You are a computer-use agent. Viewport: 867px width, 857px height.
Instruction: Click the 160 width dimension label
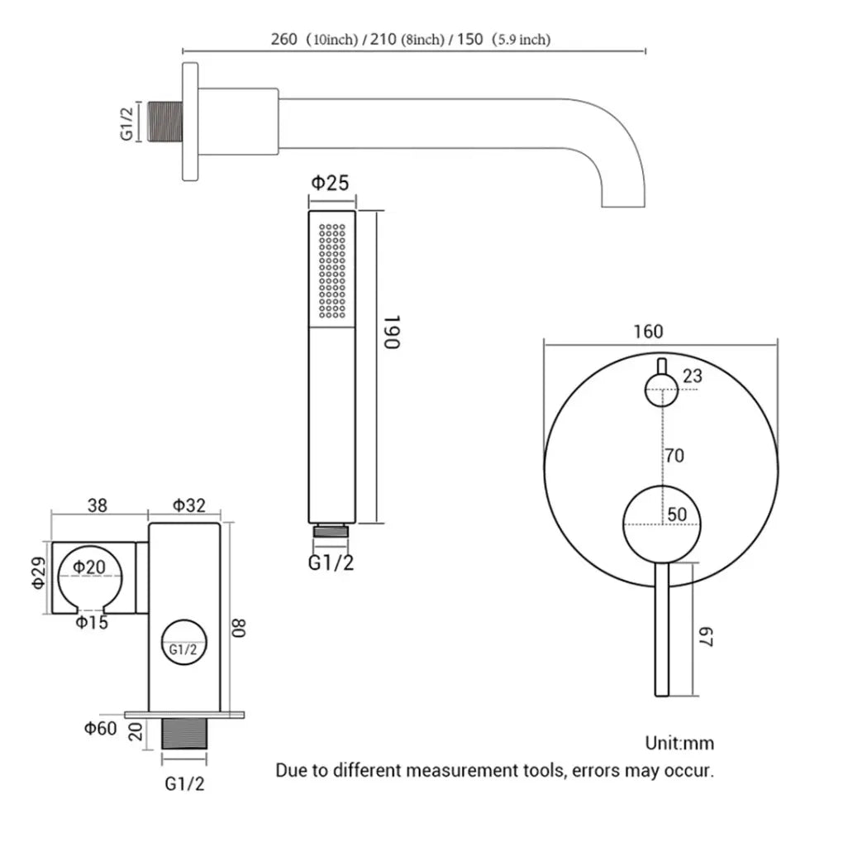(x=648, y=331)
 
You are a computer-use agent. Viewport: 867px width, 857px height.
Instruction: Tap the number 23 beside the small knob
(x=693, y=376)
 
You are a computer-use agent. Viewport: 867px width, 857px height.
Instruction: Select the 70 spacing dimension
(x=674, y=455)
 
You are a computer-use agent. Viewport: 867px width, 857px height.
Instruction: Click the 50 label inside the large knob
(x=677, y=514)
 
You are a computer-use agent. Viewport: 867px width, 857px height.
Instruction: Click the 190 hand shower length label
(x=393, y=332)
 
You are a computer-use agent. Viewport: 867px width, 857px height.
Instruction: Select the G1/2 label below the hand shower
(x=331, y=563)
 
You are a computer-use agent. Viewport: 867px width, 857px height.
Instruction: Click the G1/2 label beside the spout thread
(x=126, y=122)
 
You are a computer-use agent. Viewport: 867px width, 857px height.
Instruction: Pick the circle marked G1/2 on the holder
(x=183, y=649)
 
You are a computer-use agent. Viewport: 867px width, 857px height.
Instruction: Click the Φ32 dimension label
(x=188, y=505)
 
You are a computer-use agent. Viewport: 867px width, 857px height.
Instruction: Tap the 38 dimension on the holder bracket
(x=97, y=505)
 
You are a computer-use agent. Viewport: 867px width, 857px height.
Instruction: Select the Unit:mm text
(x=679, y=743)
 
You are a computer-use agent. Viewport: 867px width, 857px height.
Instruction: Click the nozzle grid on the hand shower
(x=332, y=271)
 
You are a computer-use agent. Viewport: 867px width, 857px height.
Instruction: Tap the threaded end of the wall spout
(x=164, y=122)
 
